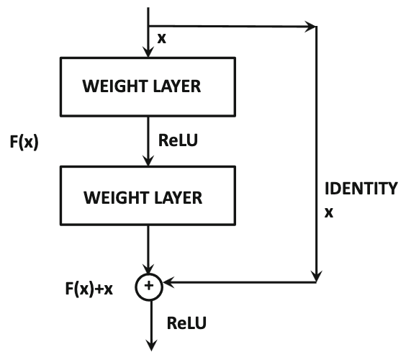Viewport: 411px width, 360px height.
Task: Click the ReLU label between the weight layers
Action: (x=178, y=140)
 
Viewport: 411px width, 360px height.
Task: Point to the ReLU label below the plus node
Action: (x=186, y=323)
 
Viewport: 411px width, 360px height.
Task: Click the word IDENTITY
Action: (x=361, y=188)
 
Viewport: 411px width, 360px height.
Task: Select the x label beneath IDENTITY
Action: (x=329, y=212)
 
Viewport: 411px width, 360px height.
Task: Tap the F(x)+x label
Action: (x=89, y=289)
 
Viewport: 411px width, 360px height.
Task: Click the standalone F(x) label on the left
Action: (x=24, y=142)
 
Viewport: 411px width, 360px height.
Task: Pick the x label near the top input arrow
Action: (x=162, y=39)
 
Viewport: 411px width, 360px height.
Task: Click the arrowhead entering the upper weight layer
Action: (x=148, y=52)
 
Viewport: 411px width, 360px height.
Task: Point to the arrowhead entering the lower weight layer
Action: (x=148, y=161)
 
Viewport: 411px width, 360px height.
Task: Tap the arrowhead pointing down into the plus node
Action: (x=148, y=269)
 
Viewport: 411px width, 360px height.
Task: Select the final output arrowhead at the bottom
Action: (x=151, y=346)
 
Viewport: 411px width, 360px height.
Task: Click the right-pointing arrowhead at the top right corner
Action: (x=310, y=26)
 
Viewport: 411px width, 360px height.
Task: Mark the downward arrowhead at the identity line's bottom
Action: (x=317, y=276)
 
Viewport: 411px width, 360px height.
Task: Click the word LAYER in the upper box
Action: (x=177, y=86)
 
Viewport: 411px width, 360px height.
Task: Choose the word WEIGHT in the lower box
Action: (x=116, y=198)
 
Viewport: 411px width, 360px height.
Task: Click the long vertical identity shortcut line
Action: (x=317, y=154)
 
